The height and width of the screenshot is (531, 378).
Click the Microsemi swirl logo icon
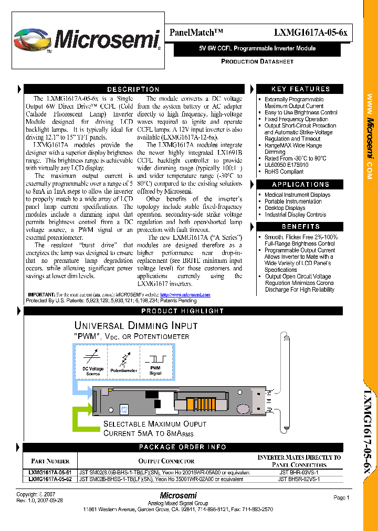(33, 40)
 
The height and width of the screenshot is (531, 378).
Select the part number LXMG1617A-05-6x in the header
(310, 33)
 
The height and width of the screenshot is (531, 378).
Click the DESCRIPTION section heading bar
(133, 90)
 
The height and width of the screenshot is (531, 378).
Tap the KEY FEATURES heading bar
(301, 89)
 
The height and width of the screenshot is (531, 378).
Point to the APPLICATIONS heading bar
(301, 185)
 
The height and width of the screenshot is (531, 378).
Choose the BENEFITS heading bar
(301, 227)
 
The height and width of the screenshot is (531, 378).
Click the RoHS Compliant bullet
(284, 172)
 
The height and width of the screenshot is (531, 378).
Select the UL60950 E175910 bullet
(286, 165)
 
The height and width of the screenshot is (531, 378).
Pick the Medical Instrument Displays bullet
(297, 195)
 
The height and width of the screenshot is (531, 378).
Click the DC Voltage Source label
(93, 371)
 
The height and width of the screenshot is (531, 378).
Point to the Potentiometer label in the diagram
(124, 370)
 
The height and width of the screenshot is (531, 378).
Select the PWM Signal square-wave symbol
(155, 359)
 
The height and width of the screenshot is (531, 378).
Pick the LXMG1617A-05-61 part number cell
(49, 472)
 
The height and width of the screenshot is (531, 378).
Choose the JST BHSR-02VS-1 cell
(298, 479)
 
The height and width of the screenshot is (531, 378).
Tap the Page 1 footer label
(341, 497)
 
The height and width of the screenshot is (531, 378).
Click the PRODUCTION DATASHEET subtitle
(257, 61)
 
